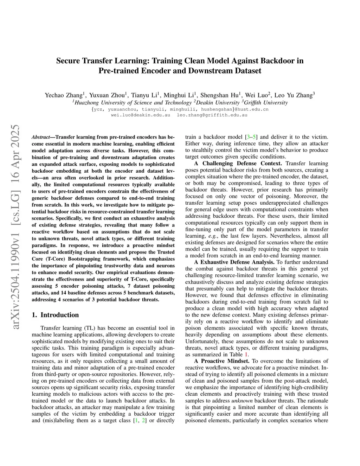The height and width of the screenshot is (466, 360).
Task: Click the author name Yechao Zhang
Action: [63, 95]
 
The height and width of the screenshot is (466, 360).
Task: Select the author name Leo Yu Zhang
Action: [293, 95]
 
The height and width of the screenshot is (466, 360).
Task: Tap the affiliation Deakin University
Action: [218, 103]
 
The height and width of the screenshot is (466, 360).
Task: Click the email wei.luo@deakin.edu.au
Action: [140, 115]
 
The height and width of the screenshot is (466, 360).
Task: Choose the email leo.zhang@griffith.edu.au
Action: [212, 115]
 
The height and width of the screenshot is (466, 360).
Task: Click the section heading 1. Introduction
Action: [55, 315]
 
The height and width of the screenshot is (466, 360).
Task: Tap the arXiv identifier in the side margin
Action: [15, 227]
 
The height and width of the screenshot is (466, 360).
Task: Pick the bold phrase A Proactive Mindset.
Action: [222, 361]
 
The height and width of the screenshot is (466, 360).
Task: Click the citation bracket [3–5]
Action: [251, 137]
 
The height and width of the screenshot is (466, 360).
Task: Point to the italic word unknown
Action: [242, 401]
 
